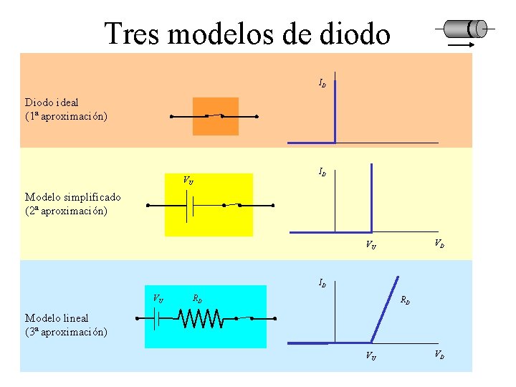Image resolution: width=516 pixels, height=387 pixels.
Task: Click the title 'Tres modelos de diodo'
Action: pyautogui.click(x=247, y=33)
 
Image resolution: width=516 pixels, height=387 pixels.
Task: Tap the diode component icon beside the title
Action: pyautogui.click(x=465, y=29)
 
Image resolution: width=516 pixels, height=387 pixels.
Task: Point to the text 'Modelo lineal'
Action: pyautogui.click(x=57, y=317)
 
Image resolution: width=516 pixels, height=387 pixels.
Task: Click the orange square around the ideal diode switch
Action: pyautogui.click(x=215, y=116)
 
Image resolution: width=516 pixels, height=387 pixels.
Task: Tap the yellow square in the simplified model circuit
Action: pyautogui.click(x=209, y=205)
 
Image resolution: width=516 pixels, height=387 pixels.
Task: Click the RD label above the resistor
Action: pyautogui.click(x=197, y=297)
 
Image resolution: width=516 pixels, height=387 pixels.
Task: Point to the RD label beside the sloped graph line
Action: pyautogui.click(x=405, y=300)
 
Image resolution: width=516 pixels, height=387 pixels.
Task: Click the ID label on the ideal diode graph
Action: pyautogui.click(x=322, y=84)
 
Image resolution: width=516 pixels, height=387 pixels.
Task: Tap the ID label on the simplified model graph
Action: pyautogui.click(x=322, y=173)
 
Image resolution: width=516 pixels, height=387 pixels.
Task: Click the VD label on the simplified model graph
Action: pyautogui.click(x=439, y=244)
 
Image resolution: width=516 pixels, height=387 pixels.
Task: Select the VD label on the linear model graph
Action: pyautogui.click(x=439, y=355)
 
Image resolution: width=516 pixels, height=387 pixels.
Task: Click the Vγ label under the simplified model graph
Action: pyautogui.click(x=371, y=245)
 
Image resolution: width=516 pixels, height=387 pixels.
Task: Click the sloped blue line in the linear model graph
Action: pyautogui.click(x=386, y=308)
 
